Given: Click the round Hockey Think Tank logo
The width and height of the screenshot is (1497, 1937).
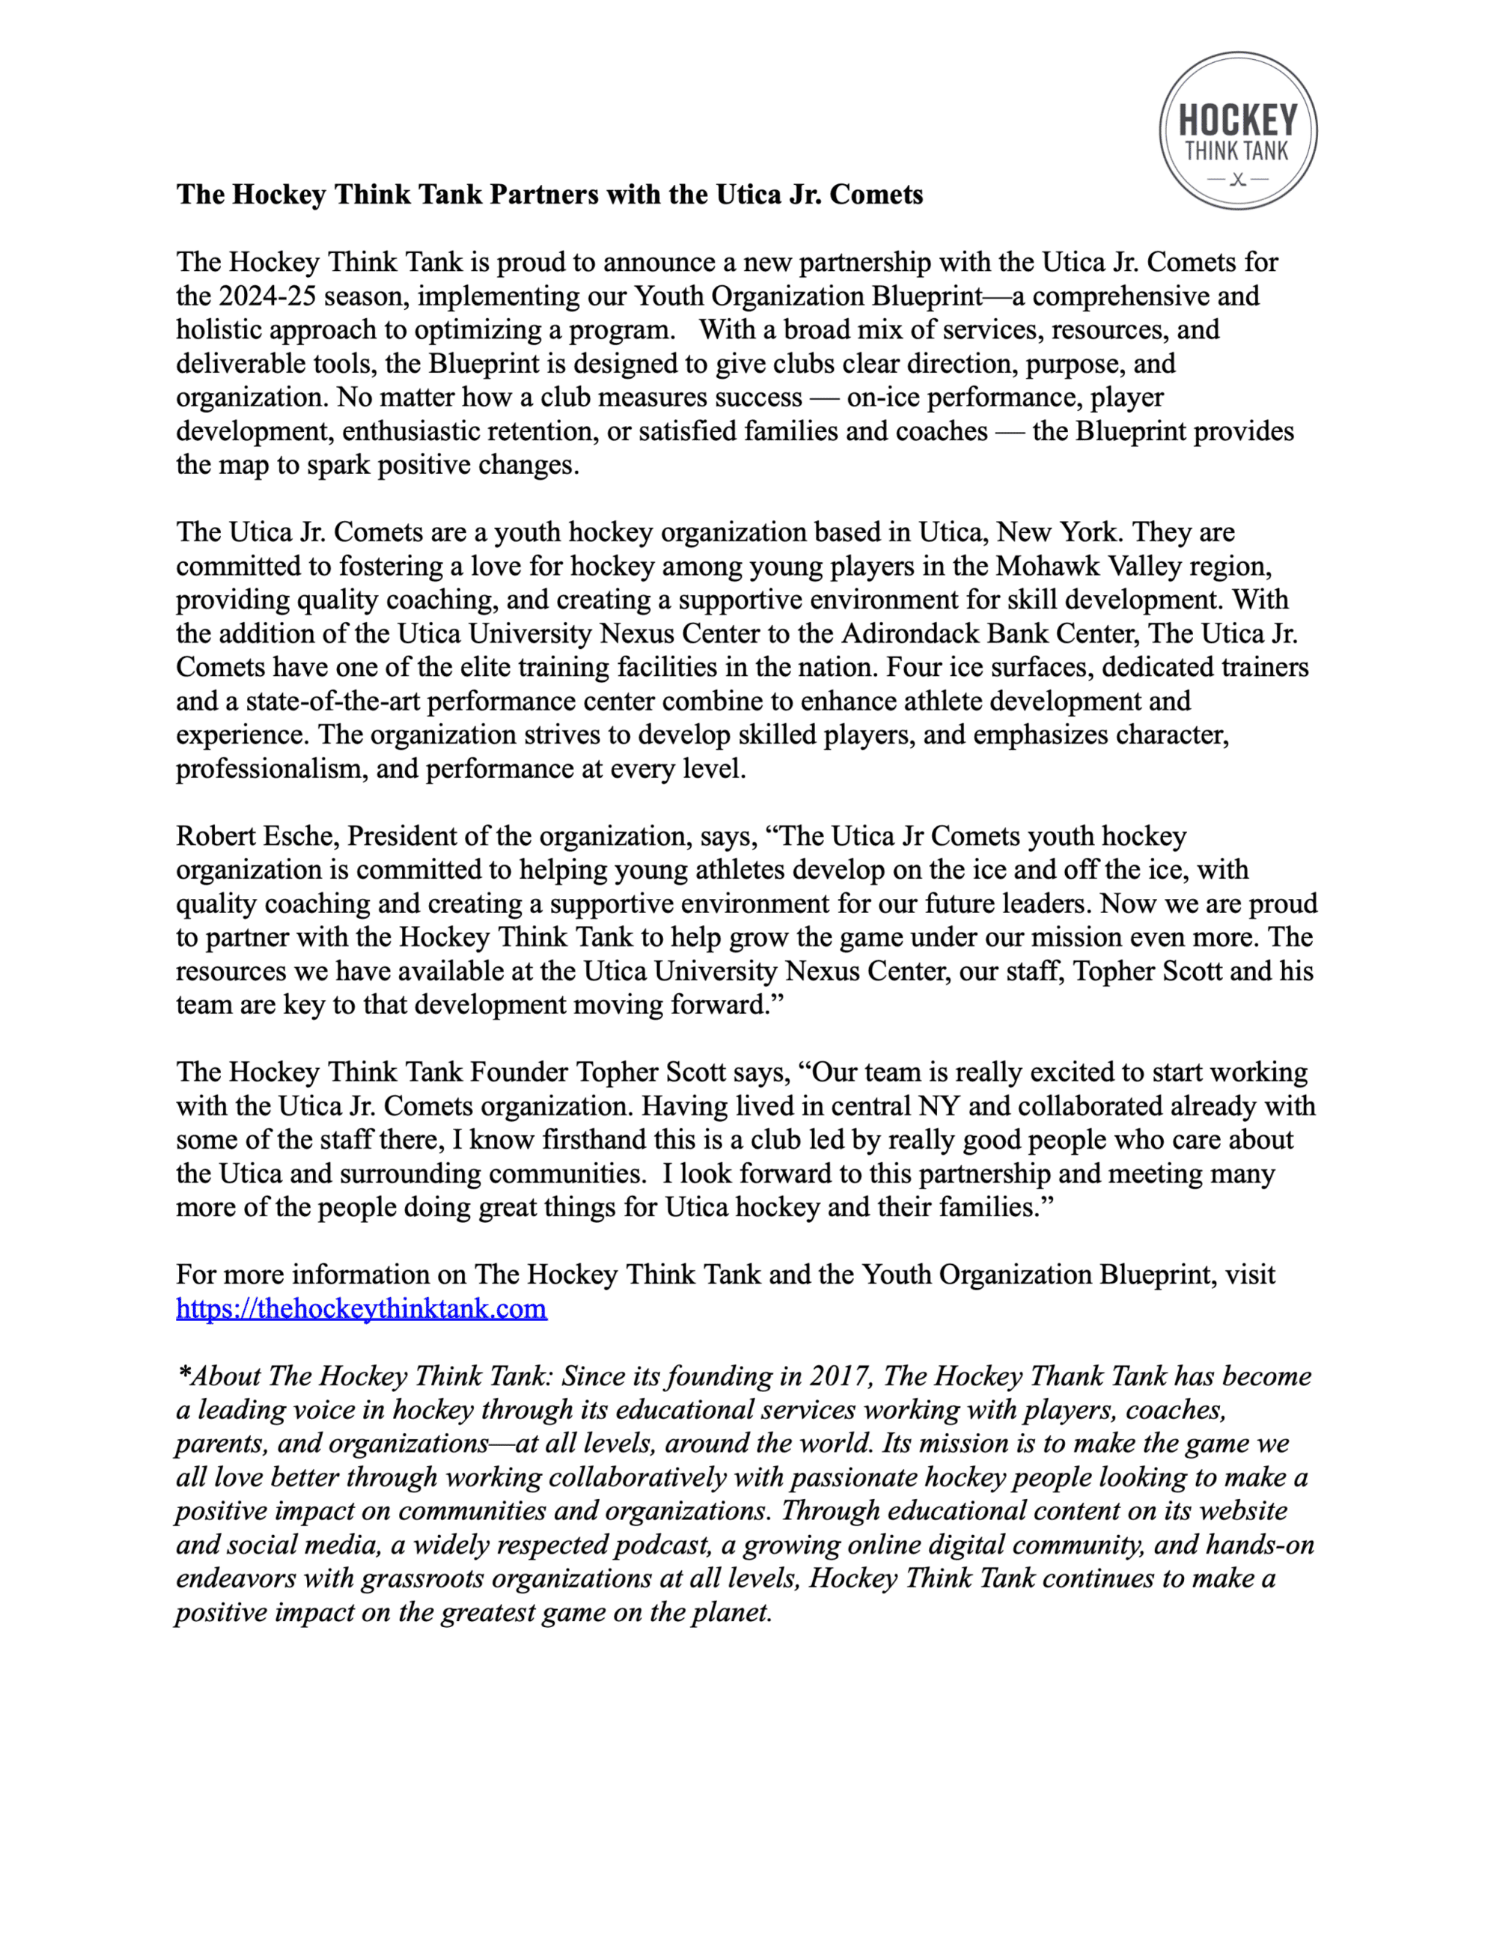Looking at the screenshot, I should (1238, 130).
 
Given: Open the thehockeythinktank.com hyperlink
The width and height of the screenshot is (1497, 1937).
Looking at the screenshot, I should (361, 1309).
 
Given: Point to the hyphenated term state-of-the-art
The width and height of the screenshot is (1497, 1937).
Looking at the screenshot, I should (332, 701).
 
